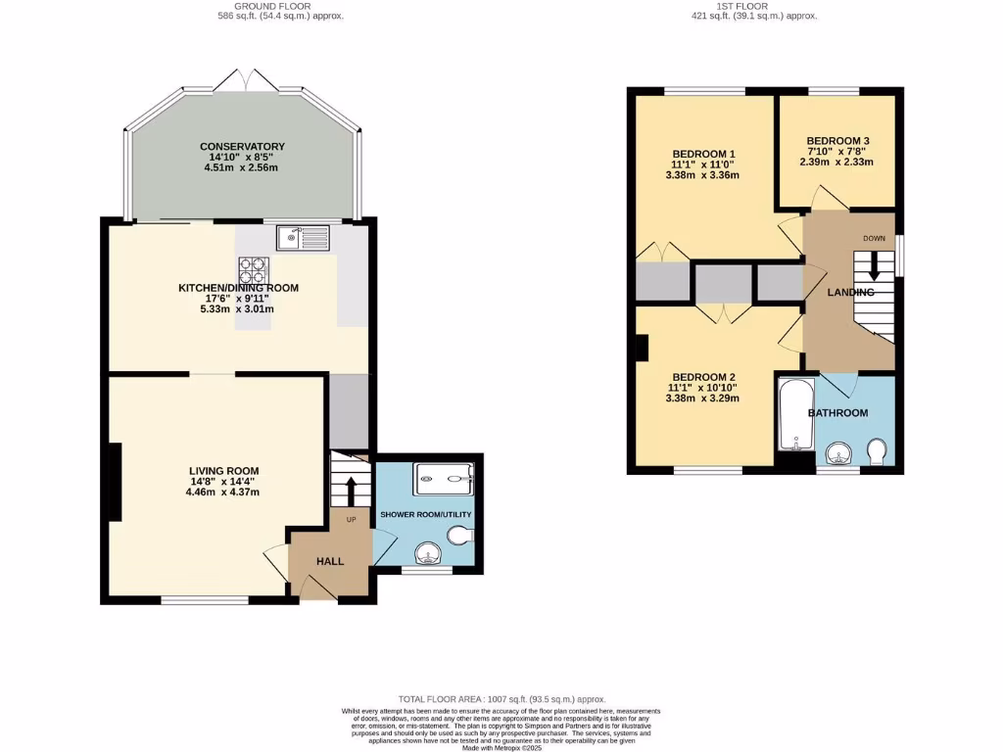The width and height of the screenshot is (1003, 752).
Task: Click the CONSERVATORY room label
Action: pos(241,147)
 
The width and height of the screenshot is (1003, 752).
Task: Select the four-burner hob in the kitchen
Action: pos(254,269)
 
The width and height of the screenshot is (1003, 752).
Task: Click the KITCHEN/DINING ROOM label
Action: pos(237,288)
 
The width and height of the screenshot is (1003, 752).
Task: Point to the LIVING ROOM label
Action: pos(224,470)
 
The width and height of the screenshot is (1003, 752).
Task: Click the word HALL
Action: pos(330,561)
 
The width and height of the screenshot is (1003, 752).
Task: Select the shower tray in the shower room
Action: pos(446,479)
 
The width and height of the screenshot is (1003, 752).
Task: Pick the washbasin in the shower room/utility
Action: pos(427,553)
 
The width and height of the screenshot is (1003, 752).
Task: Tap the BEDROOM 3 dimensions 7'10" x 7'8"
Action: pos(837,152)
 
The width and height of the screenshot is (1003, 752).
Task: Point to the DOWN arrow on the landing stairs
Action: pos(874,266)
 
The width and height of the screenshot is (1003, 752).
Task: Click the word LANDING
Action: pos(850,293)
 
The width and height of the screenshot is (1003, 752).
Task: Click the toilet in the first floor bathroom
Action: pos(878,449)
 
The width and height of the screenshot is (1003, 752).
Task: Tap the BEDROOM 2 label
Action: pos(703,377)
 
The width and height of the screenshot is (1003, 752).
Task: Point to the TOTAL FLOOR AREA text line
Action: pos(501,699)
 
